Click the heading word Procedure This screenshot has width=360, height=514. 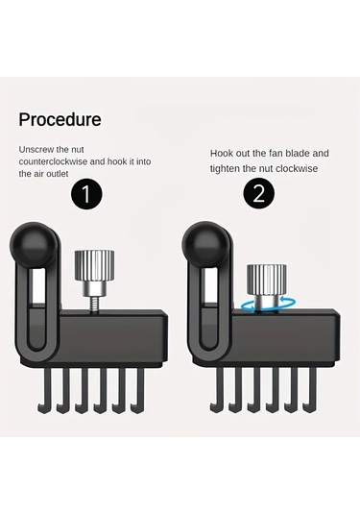tap(60, 119)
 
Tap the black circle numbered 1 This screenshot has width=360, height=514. tap(86, 194)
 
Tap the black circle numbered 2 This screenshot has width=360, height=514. tap(259, 193)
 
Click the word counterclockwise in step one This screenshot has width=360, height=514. tap(53, 161)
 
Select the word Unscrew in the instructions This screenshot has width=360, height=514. tap(36, 150)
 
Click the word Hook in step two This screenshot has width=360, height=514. tap(222, 153)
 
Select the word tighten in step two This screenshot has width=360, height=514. tap(225, 168)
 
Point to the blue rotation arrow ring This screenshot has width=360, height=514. tap(266, 308)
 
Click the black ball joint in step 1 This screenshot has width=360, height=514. tap(32, 245)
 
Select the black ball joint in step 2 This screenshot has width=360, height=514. tap(204, 245)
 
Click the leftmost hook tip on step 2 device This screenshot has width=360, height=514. tap(211, 408)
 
